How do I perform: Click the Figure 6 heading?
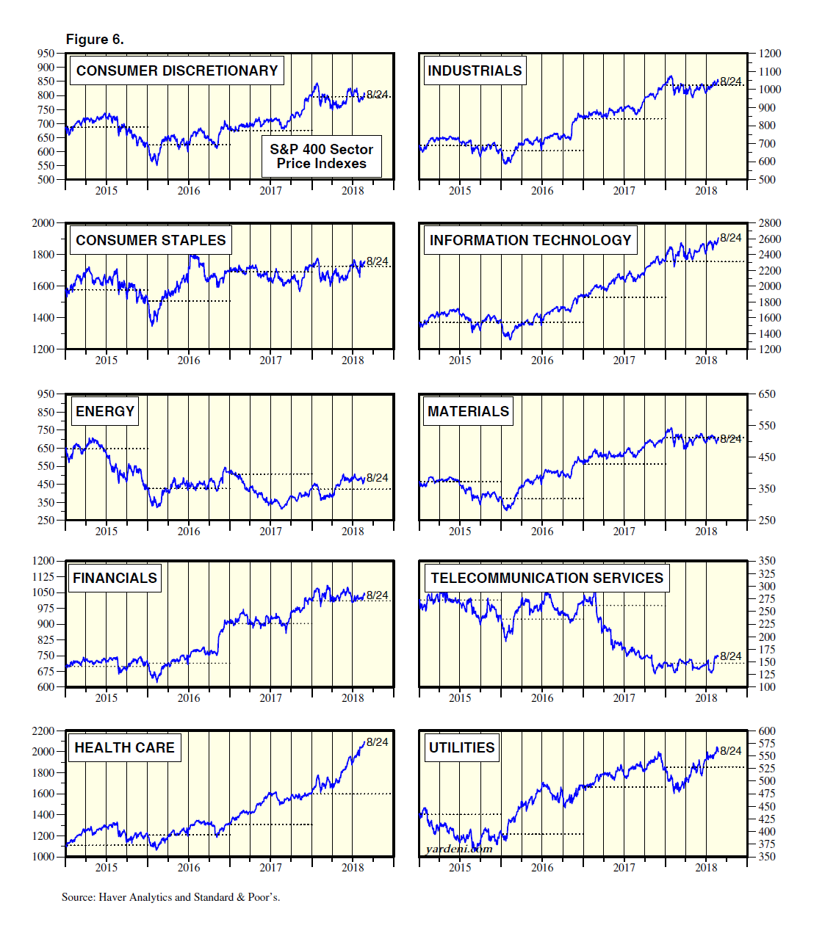pyautogui.click(x=95, y=40)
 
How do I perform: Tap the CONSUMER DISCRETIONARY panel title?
pyautogui.click(x=177, y=71)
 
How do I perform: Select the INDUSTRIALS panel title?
pyautogui.click(x=475, y=71)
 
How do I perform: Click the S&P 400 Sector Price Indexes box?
pyautogui.click(x=322, y=156)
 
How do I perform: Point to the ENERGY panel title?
pyautogui.click(x=105, y=412)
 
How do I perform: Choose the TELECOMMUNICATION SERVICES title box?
pyautogui.click(x=547, y=579)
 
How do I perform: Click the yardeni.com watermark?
pyautogui.click(x=459, y=849)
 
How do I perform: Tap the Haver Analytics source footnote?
pyautogui.click(x=170, y=897)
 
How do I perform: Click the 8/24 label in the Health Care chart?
pyautogui.click(x=378, y=742)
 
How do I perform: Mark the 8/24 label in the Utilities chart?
pyautogui.click(x=731, y=751)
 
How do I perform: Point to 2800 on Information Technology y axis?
pyautogui.click(x=770, y=223)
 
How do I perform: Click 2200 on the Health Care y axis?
pyautogui.click(x=43, y=731)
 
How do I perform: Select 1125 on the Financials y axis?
pyautogui.click(x=43, y=577)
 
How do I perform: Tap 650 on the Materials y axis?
pyautogui.click(x=767, y=394)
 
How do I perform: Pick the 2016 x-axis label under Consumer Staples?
pyautogui.click(x=189, y=360)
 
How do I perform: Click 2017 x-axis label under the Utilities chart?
pyautogui.click(x=624, y=868)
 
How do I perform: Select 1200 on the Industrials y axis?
pyautogui.click(x=770, y=54)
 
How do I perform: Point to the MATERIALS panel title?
pyautogui.click(x=468, y=412)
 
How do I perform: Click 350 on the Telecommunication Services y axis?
pyautogui.click(x=767, y=561)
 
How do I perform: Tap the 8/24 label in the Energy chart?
pyautogui.click(x=378, y=478)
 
